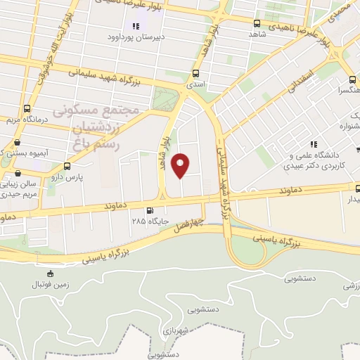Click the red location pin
[181, 164]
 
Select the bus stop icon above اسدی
[195, 73]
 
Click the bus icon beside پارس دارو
[67, 167]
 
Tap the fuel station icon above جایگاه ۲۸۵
[149, 210]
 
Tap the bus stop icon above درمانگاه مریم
[27, 109]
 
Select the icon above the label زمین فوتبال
[49, 274]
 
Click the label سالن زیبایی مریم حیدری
[18, 190]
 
